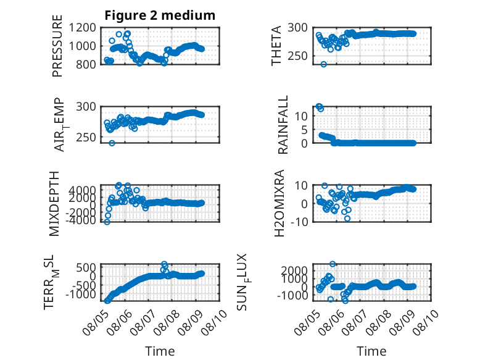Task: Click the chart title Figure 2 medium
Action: [x=160, y=15]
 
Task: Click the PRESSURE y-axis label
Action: [x=57, y=46]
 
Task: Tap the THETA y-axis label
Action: [x=276, y=46]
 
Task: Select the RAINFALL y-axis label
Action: [x=283, y=124]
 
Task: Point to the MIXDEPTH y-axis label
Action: [x=54, y=204]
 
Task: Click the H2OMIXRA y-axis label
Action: [x=279, y=203]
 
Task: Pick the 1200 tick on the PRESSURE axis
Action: [x=82, y=28]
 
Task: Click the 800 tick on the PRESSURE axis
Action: [x=85, y=64]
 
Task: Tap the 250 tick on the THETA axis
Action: [x=297, y=56]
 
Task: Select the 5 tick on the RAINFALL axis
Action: [x=304, y=130]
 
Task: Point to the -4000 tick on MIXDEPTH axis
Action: [x=80, y=220]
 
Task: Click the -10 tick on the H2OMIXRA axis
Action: [x=299, y=222]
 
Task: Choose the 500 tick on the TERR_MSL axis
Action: [x=86, y=267]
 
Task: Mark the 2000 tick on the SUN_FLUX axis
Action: [x=294, y=270]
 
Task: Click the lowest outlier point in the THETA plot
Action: [x=323, y=64]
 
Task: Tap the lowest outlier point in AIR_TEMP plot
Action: [x=112, y=143]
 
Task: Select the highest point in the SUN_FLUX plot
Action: [x=333, y=264]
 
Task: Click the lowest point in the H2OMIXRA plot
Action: [x=347, y=219]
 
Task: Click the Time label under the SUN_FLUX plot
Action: [x=371, y=351]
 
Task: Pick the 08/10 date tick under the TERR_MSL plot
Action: [x=216, y=322]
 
